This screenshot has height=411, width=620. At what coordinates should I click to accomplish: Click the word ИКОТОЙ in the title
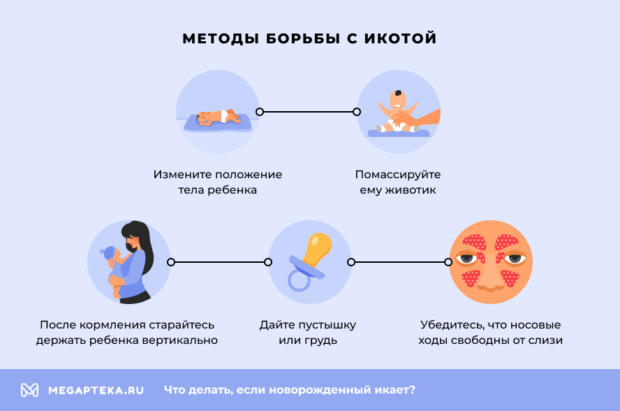pyautogui.click(x=400, y=38)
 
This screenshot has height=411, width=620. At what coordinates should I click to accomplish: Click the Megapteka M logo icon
pyautogui.click(x=29, y=390)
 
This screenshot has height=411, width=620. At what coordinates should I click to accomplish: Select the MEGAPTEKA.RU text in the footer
pyautogui.click(x=96, y=390)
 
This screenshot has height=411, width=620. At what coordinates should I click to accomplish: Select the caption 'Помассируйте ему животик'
pyautogui.click(x=397, y=182)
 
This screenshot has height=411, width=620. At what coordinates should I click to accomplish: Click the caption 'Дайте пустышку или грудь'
pyautogui.click(x=308, y=333)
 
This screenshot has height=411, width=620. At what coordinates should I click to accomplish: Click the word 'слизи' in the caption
pyautogui.click(x=547, y=340)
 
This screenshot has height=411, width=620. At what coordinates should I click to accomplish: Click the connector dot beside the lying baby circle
pyautogui.click(x=260, y=111)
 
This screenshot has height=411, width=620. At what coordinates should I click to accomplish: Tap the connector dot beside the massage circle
pyautogui.click(x=357, y=111)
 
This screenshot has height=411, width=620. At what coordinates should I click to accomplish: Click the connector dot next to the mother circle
pyautogui.click(x=171, y=262)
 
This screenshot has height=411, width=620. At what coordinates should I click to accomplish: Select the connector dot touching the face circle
pyautogui.click(x=448, y=262)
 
